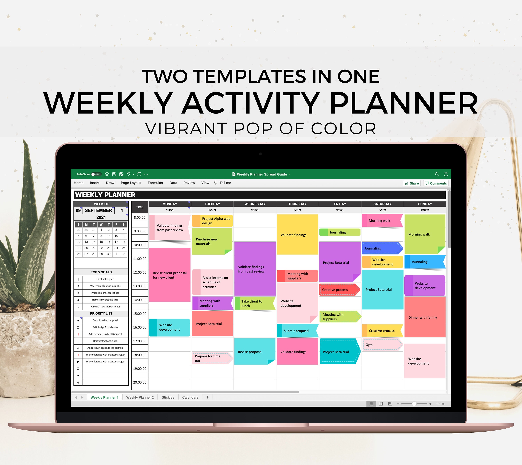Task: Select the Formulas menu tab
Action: (x=155, y=183)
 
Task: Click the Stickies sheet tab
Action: (x=168, y=397)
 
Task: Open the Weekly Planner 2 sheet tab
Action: (x=140, y=397)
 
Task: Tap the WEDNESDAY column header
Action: (x=255, y=204)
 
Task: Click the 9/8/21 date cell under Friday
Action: (x=340, y=210)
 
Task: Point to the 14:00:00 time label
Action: (x=140, y=300)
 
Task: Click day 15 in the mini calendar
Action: (x=101, y=242)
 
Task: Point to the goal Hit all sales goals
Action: (x=105, y=279)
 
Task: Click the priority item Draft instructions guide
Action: (x=105, y=341)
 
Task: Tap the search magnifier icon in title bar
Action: (x=437, y=174)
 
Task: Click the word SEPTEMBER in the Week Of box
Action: (x=98, y=210)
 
